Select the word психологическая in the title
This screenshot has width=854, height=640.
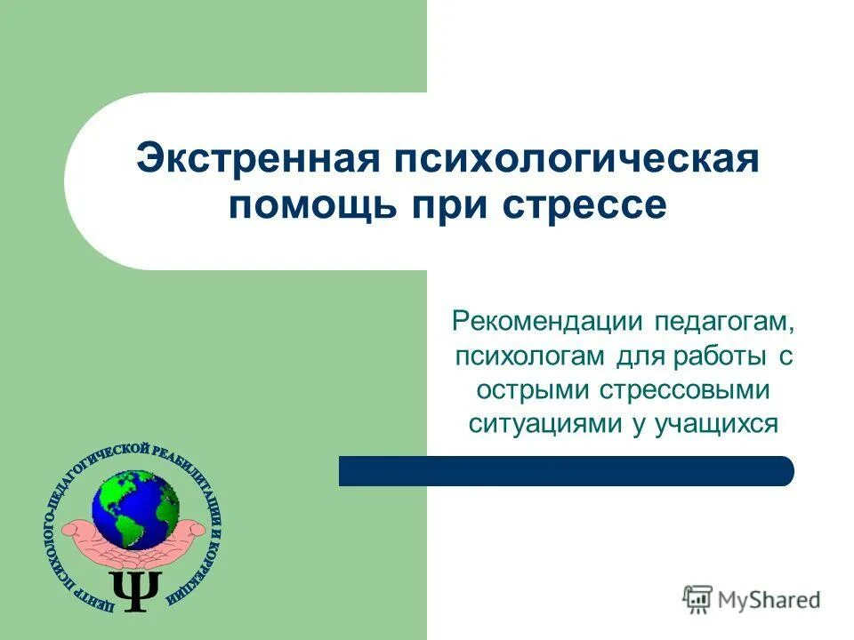point(572,161)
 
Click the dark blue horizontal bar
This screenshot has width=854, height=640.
point(566,470)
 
